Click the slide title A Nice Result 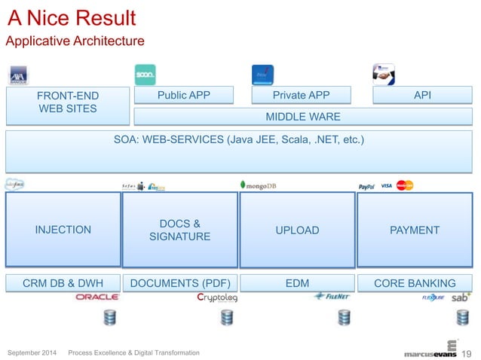71,17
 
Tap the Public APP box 184,95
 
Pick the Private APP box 302,95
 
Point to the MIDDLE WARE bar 303,117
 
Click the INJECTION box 63,230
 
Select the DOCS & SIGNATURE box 180,230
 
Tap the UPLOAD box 297,230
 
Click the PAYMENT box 415,230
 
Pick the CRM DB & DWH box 63,283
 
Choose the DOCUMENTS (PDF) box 180,283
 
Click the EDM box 297,283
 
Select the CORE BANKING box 415,283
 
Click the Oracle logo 97,297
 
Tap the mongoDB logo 258,185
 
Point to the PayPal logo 367,186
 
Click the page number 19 466,352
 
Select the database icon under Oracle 109,318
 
